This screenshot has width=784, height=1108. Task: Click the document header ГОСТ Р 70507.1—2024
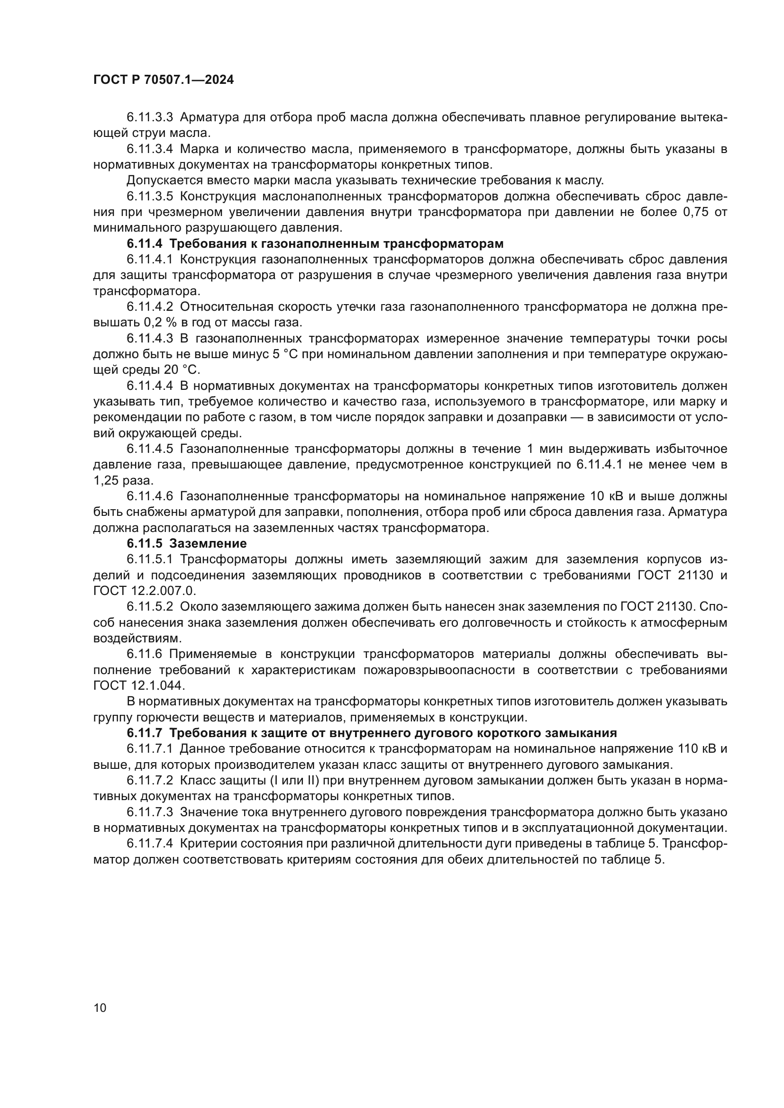[x=163, y=80]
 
